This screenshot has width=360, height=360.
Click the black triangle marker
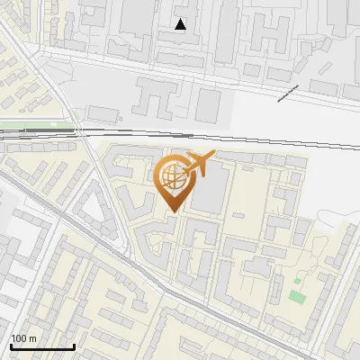[181, 24]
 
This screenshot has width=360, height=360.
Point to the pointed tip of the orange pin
[171, 211]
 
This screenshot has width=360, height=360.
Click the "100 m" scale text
[23, 338]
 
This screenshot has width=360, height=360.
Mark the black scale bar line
[42, 346]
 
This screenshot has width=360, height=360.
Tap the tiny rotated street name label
[287, 92]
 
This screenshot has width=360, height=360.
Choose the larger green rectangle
[297, 296]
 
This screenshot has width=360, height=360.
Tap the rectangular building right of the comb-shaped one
[208, 105]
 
